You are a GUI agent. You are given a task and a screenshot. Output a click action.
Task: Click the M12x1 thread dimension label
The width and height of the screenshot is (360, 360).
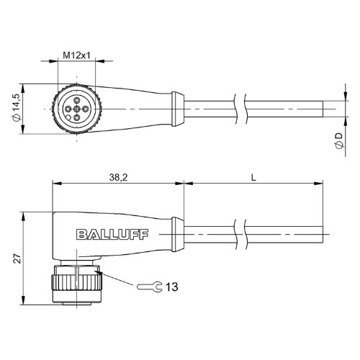[76, 55]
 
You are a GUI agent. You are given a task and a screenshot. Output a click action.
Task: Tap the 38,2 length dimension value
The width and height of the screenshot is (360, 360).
[118, 178]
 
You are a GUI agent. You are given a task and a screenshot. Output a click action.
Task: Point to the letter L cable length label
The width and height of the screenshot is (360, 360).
[253, 178]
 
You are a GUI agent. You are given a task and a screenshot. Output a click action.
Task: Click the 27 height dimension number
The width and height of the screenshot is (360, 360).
[17, 258]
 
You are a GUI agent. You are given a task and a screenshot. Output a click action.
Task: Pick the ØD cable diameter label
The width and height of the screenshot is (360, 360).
[339, 141]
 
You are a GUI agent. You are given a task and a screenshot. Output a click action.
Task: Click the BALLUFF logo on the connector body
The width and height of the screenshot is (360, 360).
[112, 235]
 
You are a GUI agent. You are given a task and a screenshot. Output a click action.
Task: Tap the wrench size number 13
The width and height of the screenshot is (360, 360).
[172, 287]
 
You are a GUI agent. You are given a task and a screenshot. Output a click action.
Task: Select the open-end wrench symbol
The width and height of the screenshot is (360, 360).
[150, 287]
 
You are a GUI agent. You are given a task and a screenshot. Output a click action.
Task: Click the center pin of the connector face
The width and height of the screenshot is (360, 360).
[76, 109]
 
